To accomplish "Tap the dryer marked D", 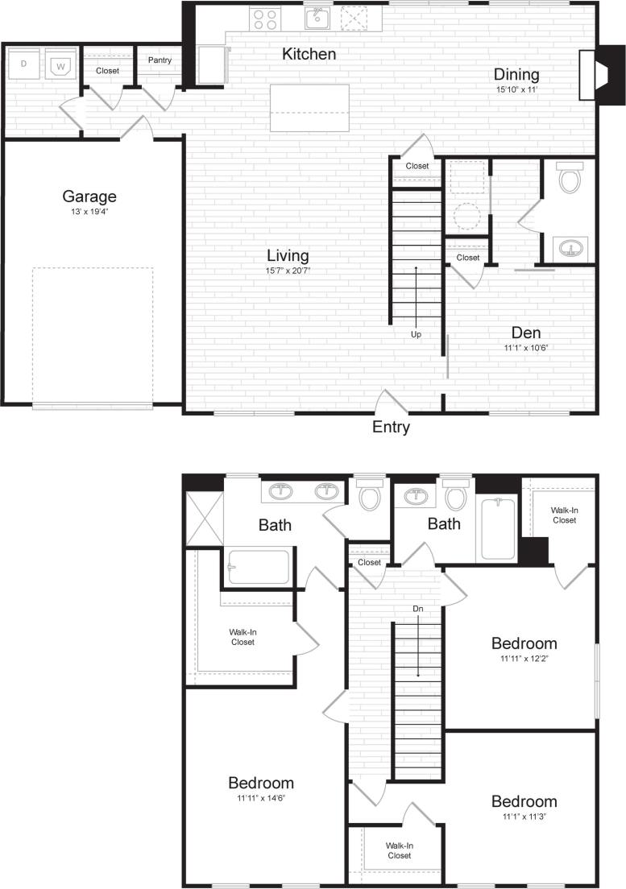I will [24, 64].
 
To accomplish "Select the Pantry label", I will [160, 60].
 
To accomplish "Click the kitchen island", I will [310, 108].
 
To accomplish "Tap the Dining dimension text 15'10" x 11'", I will [516, 89].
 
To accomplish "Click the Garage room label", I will [89, 196].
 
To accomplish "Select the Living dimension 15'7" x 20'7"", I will [288, 271].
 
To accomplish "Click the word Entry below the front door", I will [391, 428].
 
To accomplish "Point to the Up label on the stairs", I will [416, 334].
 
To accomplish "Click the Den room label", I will [525, 333].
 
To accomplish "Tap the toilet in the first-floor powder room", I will [570, 179].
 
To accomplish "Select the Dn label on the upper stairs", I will [417, 609].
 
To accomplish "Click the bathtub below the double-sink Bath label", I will [258, 567].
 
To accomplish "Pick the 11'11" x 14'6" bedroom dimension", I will [261, 798].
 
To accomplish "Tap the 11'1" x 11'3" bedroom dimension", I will [524, 817].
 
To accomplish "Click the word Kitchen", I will [309, 54].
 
